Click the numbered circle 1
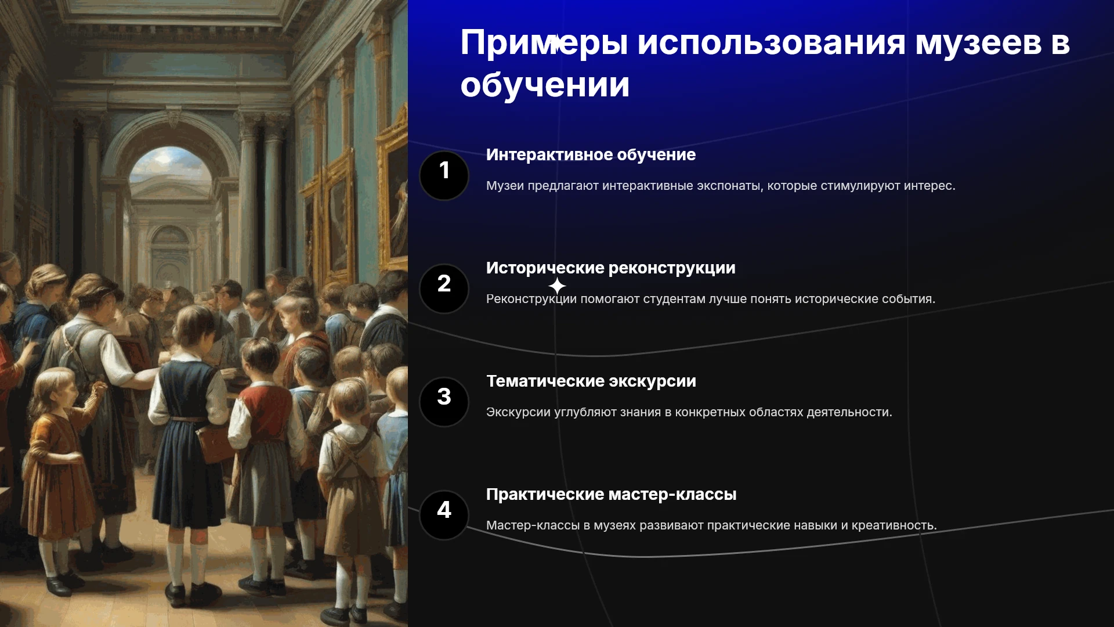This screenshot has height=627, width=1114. click(x=444, y=175)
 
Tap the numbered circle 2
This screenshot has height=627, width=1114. click(x=444, y=289)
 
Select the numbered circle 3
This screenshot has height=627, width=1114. click(x=444, y=402)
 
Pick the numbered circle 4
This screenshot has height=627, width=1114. click(x=444, y=515)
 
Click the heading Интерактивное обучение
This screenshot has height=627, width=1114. click(x=591, y=155)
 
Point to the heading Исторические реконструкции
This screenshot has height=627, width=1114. click(x=610, y=268)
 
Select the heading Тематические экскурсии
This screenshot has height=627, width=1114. click(x=591, y=381)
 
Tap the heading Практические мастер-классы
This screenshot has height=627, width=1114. click(x=611, y=495)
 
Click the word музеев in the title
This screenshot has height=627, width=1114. click(x=978, y=44)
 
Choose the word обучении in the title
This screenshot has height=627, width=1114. click(x=545, y=85)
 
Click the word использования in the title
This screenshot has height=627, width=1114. click(x=771, y=44)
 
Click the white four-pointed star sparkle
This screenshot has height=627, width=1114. click(x=557, y=286)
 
